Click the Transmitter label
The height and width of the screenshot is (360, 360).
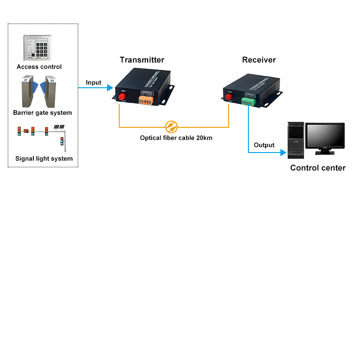(142, 60)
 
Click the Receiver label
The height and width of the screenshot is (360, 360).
(259, 60)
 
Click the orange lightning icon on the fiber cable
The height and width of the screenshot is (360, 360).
(171, 127)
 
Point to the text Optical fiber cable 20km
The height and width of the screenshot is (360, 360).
(176, 138)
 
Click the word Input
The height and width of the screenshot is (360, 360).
(94, 83)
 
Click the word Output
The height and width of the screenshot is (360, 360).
(264, 145)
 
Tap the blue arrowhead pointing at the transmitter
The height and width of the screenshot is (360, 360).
(110, 88)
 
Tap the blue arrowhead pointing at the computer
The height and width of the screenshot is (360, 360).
(283, 153)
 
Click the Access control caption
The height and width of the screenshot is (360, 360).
(39, 67)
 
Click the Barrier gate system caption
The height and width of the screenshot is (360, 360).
(42, 113)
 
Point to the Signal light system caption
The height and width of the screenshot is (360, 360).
(44, 158)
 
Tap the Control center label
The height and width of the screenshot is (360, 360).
(318, 168)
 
